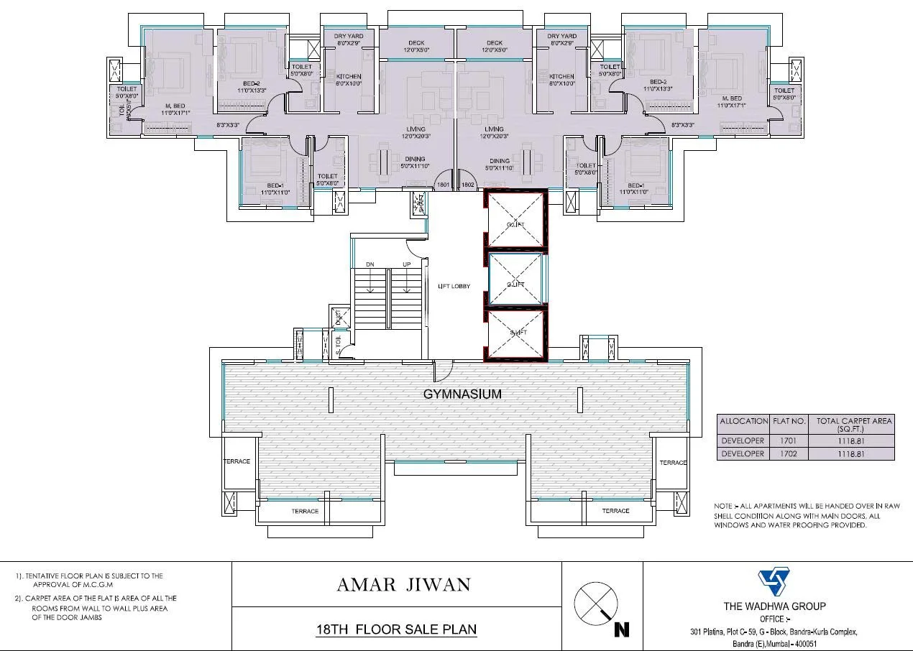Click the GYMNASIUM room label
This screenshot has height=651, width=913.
pos(462,394)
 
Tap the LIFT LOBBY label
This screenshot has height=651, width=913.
pos(454,286)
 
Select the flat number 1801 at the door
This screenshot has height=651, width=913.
pos(443,185)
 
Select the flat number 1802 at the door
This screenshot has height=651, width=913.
pos(468,185)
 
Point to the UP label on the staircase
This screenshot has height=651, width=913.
pos(406,264)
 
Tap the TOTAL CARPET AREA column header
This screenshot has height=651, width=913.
pos(854,423)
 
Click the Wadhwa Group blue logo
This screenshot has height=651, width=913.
pos(774,583)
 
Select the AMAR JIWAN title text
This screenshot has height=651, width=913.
pos(403,584)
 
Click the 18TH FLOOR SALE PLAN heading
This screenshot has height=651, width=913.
pos(396,629)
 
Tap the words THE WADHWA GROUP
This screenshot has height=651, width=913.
pos(774,606)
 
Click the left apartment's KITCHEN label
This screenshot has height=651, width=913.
pos(349,76)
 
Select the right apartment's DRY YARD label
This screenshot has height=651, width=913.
pos(561,36)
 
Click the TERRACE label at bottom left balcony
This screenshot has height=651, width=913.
pos(305,511)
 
